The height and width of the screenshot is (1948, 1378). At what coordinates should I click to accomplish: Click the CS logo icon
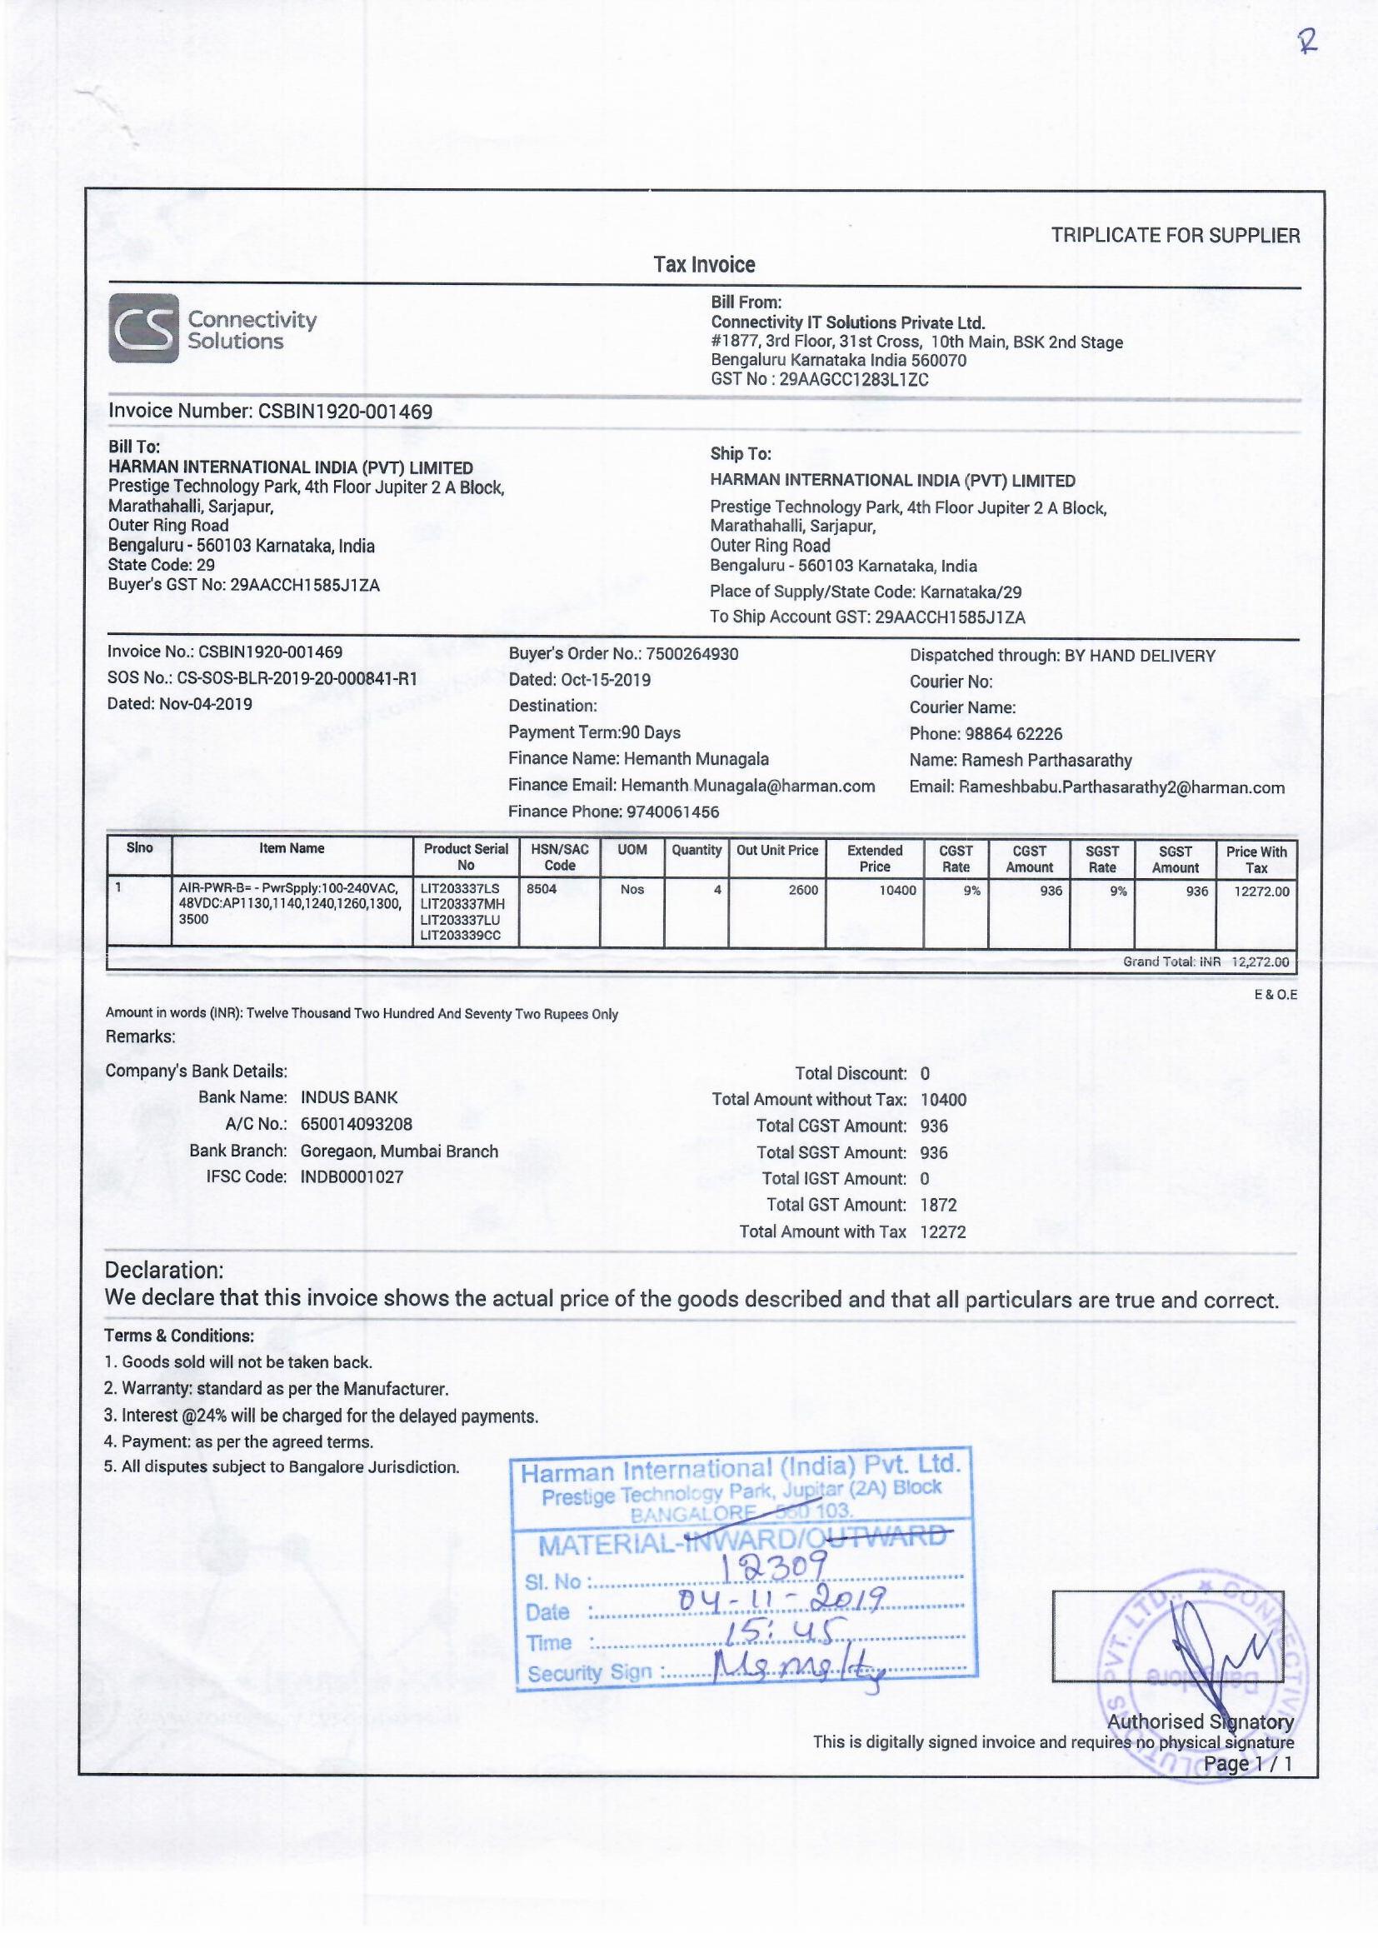[143, 328]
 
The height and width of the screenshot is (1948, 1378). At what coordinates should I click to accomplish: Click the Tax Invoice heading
[703, 265]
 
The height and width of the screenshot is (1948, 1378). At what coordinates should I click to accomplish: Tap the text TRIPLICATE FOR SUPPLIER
[1176, 236]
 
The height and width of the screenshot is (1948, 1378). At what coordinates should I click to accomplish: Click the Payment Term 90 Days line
[594, 732]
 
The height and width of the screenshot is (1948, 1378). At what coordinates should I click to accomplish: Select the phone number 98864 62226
[1012, 734]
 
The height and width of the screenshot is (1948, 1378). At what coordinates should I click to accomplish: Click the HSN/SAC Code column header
[559, 857]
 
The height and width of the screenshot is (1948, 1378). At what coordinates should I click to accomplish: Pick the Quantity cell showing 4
[717, 890]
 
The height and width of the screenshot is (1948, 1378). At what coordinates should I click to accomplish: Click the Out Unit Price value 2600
[802, 890]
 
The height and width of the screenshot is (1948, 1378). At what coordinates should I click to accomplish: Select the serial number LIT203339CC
[461, 935]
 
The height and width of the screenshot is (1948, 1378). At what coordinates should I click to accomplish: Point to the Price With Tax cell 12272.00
[1261, 892]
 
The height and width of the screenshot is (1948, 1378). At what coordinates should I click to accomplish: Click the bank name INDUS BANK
[349, 1098]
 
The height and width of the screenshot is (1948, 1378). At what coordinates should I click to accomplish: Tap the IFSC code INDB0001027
[352, 1176]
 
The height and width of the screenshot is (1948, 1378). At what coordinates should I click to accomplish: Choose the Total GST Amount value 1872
[937, 1205]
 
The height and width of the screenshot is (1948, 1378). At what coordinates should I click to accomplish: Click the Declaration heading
[164, 1270]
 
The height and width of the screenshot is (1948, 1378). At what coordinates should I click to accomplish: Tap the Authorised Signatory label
[1200, 1721]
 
